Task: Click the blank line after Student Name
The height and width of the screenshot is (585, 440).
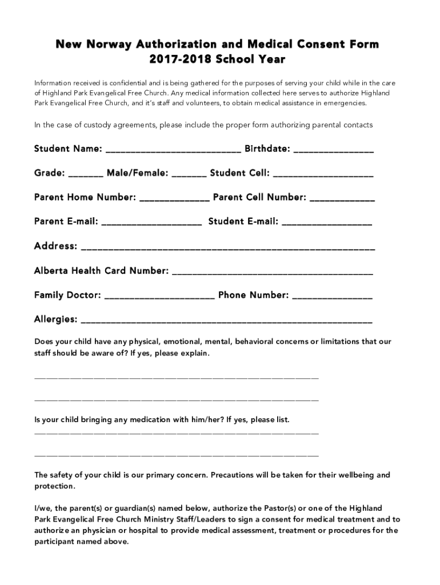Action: (x=173, y=151)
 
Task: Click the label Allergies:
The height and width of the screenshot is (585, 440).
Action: (x=55, y=319)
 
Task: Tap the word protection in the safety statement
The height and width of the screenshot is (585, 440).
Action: (x=54, y=486)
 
